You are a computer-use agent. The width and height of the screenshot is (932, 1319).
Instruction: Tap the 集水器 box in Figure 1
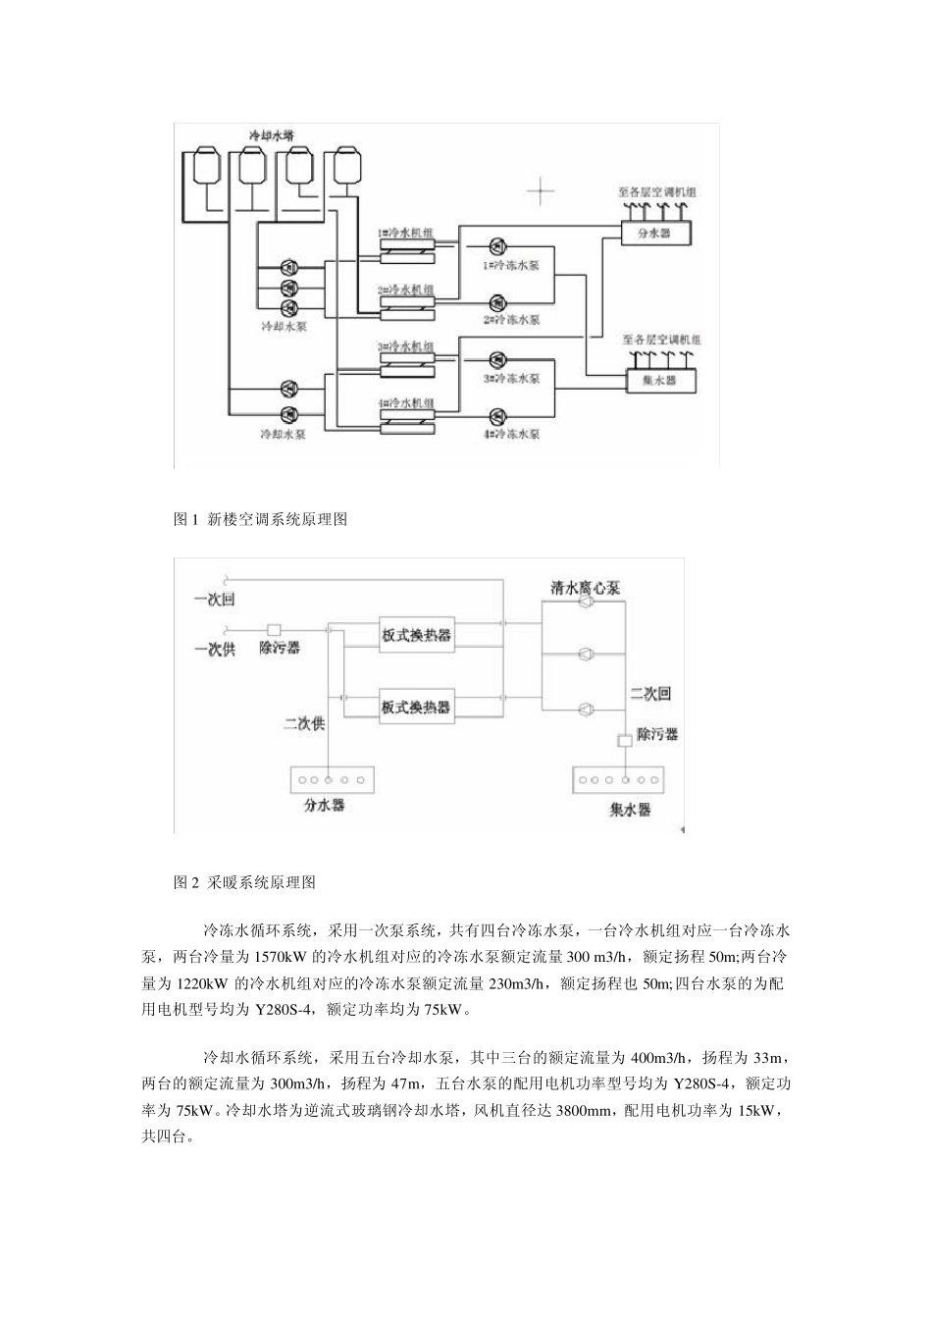pyautogui.click(x=660, y=380)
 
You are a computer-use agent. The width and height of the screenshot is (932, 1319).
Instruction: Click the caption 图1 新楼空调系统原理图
pyautogui.click(x=260, y=519)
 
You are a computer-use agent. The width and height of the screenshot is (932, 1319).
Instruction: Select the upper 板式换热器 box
pyautogui.click(x=417, y=634)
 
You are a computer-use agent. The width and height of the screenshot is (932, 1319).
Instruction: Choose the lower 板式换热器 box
pyautogui.click(x=417, y=706)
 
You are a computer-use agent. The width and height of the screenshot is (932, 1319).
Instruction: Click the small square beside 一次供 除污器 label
pyautogui.click(x=274, y=629)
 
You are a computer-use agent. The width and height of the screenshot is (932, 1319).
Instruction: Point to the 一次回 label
pyautogui.click(x=215, y=600)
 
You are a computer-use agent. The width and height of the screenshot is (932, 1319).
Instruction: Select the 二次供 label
pyautogui.click(x=303, y=724)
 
